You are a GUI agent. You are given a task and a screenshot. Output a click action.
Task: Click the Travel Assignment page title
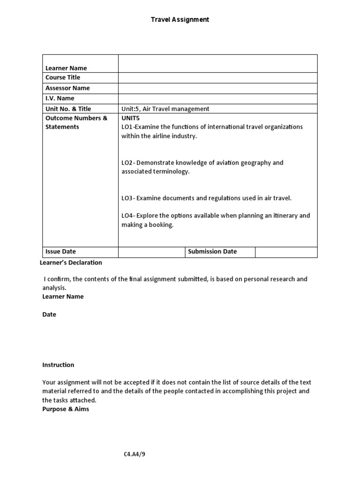[x=180, y=20]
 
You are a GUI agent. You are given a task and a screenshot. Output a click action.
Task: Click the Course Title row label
[x=63, y=77]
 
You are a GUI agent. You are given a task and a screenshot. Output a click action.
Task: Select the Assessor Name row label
[x=67, y=88]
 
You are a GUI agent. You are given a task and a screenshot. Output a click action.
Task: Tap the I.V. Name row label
[x=60, y=98]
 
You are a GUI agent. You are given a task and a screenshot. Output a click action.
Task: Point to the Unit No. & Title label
[x=68, y=109]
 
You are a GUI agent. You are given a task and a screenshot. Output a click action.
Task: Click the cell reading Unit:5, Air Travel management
[x=165, y=109]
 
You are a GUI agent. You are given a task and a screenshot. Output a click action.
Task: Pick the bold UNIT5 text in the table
[x=130, y=118]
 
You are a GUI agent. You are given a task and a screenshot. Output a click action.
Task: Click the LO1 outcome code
[x=127, y=127]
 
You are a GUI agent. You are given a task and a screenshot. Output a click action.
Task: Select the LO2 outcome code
[x=127, y=163]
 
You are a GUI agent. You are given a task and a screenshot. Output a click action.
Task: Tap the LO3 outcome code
[x=127, y=198]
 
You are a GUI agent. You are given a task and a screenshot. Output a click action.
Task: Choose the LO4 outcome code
[x=127, y=216]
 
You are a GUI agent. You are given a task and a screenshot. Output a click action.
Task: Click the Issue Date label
[x=60, y=252]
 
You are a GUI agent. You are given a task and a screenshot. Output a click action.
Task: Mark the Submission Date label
[x=212, y=252]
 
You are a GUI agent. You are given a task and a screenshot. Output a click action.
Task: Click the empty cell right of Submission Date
[x=286, y=252]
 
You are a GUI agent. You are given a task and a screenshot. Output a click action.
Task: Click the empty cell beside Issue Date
[x=151, y=252]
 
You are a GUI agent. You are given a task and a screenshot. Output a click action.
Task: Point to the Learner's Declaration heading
[x=71, y=262]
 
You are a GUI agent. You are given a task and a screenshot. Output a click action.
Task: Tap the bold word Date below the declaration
[x=49, y=315]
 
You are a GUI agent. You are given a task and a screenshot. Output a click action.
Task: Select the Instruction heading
[x=58, y=365]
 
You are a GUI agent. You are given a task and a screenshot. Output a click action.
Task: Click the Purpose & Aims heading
[x=66, y=409]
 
